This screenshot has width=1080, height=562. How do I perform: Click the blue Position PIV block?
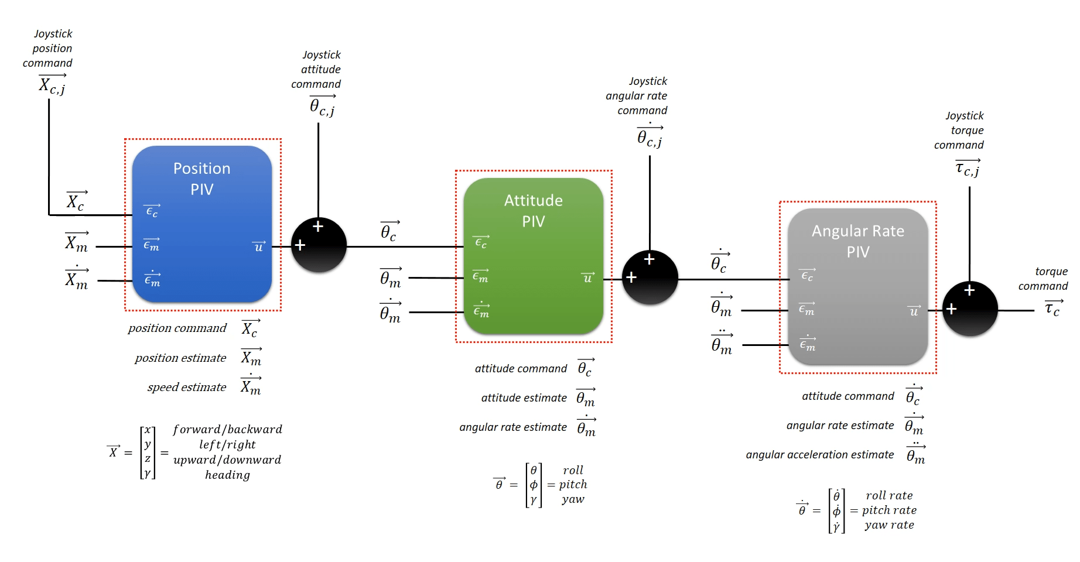point(202,224)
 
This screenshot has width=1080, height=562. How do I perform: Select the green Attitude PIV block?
point(533,256)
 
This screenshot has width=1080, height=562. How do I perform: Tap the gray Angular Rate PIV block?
point(857,287)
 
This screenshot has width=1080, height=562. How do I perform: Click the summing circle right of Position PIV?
point(319,245)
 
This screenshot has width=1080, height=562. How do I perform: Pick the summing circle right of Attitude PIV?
point(650,277)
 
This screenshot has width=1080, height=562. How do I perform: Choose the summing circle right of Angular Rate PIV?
point(969,309)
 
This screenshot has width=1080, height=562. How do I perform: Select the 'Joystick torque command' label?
point(960,130)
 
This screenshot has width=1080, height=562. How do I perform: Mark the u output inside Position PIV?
point(258,246)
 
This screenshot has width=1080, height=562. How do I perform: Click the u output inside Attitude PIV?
point(587,278)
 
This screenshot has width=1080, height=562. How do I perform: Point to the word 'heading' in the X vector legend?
point(227,475)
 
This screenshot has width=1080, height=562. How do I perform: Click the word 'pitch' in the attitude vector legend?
point(573,484)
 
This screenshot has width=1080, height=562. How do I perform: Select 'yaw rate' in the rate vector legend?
point(889,525)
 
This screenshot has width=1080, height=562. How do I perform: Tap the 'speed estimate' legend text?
point(187,387)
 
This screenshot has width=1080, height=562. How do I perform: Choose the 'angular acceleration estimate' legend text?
point(820,454)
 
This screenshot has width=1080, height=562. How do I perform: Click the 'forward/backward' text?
point(227,429)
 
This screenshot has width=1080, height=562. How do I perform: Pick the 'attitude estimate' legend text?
point(524,397)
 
